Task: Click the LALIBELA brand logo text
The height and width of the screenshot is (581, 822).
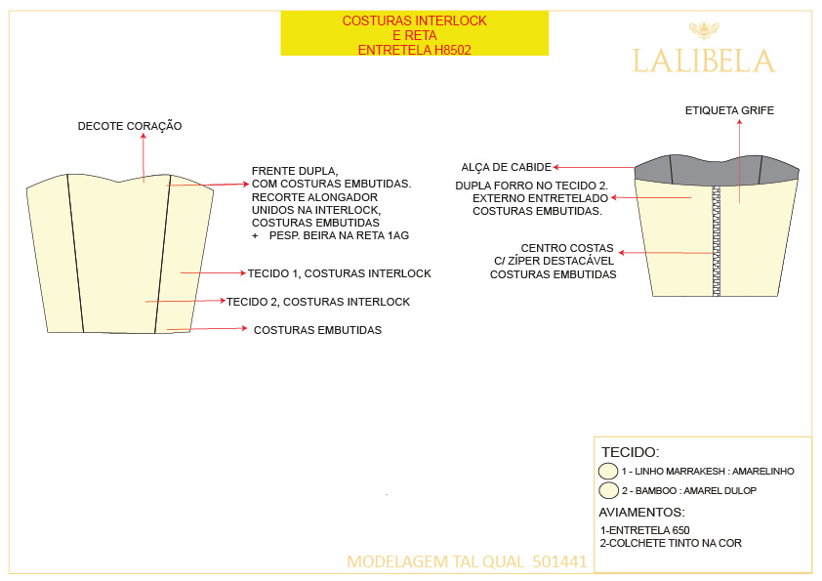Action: tap(704, 61)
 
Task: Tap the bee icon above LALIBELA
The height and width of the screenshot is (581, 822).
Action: tap(704, 30)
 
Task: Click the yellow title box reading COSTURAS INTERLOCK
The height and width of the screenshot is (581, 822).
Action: tap(415, 33)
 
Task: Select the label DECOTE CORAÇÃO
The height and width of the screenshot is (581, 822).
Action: tap(130, 126)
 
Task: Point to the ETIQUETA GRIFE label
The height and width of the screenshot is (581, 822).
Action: tap(729, 110)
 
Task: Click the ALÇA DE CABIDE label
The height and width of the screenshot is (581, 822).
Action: tap(507, 167)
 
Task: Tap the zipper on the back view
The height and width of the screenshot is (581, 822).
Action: tap(717, 240)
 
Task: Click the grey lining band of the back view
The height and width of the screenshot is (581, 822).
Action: tap(717, 170)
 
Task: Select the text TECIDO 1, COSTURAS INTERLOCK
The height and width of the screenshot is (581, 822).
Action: tap(339, 273)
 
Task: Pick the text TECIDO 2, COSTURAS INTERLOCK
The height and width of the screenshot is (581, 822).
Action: tap(318, 302)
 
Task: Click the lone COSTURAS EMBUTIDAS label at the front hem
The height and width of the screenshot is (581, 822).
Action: tap(317, 330)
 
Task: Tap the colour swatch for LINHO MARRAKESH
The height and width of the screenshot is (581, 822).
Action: tap(608, 471)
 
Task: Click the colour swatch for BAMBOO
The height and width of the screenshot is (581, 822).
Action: tap(608, 490)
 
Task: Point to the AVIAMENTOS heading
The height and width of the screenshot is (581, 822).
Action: tap(641, 512)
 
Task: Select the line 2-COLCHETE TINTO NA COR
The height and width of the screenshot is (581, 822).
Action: tap(671, 543)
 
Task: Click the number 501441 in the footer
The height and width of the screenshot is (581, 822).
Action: tap(559, 561)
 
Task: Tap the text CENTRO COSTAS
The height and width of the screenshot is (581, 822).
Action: tap(566, 248)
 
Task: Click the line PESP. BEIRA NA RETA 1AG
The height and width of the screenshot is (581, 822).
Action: tap(339, 235)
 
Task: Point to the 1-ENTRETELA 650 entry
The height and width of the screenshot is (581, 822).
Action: tap(644, 530)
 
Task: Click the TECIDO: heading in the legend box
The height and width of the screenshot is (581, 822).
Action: tap(630, 452)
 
